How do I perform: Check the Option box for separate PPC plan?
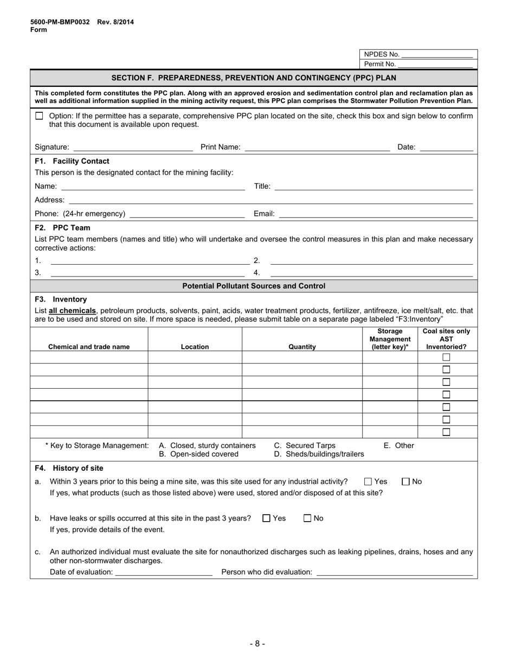coord(39,116)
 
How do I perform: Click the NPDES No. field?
coord(437,55)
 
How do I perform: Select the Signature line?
coord(133,147)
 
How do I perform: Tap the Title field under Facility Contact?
coord(374,187)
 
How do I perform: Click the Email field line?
coord(376,214)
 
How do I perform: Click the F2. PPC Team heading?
coord(62,228)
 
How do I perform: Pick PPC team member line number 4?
coord(371,273)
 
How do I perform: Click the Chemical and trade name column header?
coord(89,347)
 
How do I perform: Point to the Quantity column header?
coord(302,347)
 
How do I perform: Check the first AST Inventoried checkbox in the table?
coord(446,357)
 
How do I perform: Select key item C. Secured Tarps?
coord(305,445)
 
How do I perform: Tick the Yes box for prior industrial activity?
coord(368,482)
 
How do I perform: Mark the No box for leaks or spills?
coord(307,518)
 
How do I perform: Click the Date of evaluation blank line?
coord(164,572)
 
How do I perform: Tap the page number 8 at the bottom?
coord(257,644)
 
